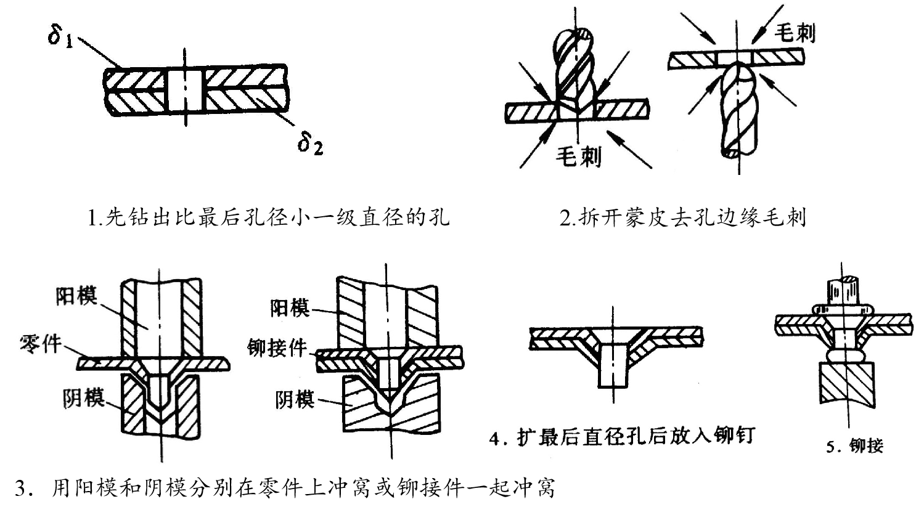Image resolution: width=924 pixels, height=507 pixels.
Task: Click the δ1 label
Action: (x=62, y=38)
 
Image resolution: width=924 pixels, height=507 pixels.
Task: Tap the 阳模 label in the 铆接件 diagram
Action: (x=290, y=307)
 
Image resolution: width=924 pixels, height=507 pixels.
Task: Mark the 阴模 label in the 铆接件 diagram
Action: (x=295, y=400)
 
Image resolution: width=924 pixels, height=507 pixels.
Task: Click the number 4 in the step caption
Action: (x=494, y=438)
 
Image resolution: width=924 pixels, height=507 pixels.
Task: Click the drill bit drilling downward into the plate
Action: (x=574, y=68)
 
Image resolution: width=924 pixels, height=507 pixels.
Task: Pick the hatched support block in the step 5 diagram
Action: (x=847, y=382)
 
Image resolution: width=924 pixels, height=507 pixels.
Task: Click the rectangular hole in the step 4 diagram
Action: (x=613, y=364)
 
